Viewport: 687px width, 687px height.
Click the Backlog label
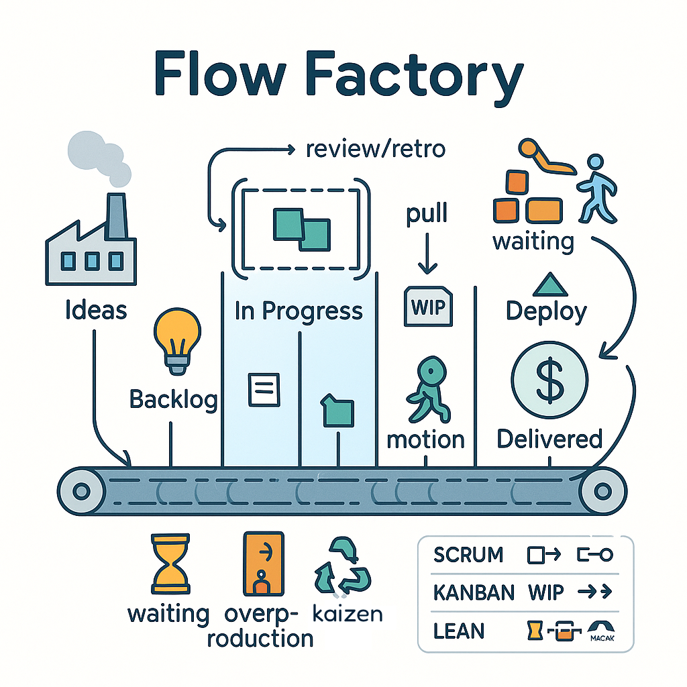point(173,400)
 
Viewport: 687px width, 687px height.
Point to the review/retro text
point(375,148)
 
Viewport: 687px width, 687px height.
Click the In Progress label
point(299,311)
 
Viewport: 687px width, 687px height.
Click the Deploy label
point(546,311)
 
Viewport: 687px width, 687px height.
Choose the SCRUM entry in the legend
point(468,556)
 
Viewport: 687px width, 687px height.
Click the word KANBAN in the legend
point(474,593)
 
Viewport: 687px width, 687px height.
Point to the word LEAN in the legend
point(459,631)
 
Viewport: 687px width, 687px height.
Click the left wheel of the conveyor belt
point(81,491)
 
